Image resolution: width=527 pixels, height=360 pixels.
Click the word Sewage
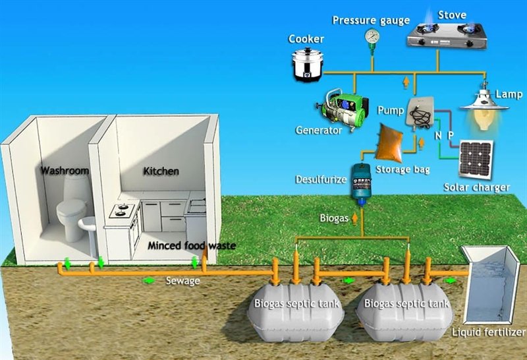point(183,281)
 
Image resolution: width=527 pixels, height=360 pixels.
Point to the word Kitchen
point(161,171)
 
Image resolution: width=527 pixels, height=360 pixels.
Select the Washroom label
point(64,170)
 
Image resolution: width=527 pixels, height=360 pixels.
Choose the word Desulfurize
point(321,179)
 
